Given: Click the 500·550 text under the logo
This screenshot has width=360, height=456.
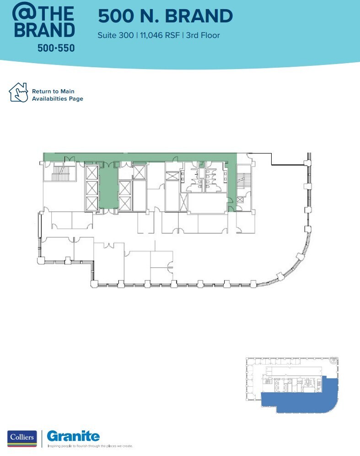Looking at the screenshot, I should (x=56, y=47).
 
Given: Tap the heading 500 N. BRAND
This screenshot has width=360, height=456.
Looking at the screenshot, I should (x=165, y=16).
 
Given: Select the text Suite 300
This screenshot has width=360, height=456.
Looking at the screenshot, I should (x=115, y=35).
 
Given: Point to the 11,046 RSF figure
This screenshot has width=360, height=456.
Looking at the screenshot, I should (x=158, y=35).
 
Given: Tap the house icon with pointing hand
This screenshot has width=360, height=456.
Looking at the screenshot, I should (x=19, y=92).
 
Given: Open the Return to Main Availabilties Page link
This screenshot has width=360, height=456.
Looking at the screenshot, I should (x=57, y=95).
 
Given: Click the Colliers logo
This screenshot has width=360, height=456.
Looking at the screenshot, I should (x=21, y=438).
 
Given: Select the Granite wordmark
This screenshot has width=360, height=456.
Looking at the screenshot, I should (x=73, y=436).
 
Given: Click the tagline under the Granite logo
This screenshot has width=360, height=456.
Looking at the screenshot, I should (x=90, y=445).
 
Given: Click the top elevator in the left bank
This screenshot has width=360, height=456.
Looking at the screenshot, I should (x=92, y=173).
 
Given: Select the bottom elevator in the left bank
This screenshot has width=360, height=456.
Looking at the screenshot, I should (x=92, y=202).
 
